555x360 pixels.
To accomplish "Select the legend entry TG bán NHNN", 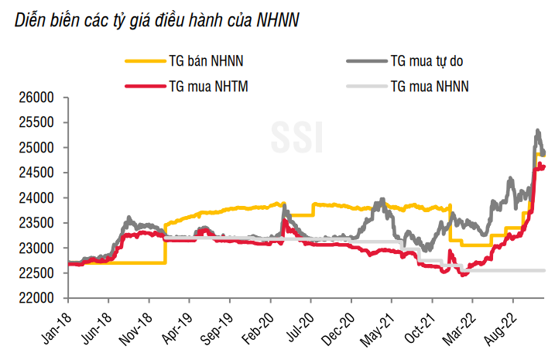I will click(x=207, y=60).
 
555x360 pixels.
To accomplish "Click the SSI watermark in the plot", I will click(x=296, y=137).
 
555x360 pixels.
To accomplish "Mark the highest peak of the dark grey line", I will click(x=537, y=130).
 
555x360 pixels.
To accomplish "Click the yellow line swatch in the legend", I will click(x=143, y=60).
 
